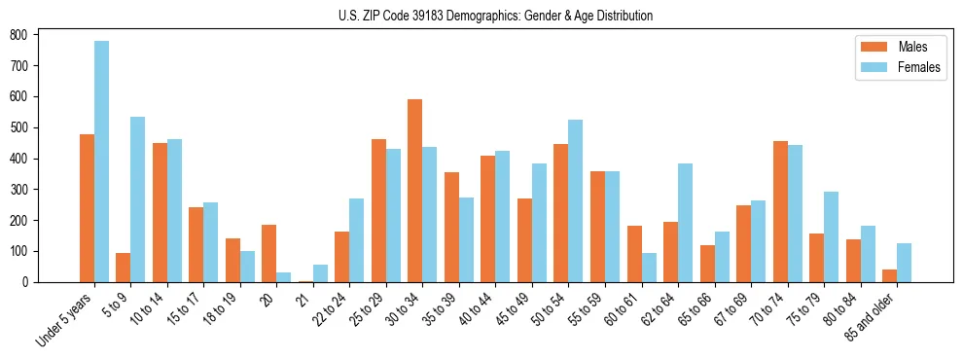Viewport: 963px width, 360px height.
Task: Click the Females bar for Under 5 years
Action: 101,162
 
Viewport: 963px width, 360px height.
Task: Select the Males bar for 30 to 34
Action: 415,191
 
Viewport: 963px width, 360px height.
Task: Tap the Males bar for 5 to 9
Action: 124,268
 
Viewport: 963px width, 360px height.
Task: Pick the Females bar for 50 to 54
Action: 576,201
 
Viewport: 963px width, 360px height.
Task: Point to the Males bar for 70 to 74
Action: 780,212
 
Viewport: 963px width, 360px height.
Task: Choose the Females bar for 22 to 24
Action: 357,240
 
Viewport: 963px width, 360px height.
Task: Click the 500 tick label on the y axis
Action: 20,127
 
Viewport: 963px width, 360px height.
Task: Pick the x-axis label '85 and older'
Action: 871,317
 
